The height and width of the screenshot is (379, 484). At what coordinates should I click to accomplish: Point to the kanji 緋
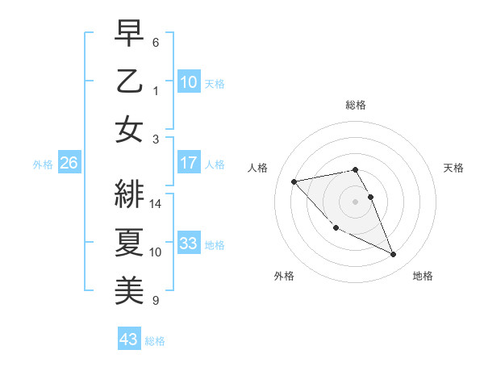point(130,191)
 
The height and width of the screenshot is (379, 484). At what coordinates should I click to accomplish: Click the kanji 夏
point(130,239)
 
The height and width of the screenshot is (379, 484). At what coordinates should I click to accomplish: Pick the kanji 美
point(130,288)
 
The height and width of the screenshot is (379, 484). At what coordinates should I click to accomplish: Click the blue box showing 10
point(189,81)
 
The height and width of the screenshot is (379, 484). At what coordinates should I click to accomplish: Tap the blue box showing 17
point(189,163)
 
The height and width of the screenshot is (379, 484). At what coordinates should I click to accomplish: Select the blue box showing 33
point(189,244)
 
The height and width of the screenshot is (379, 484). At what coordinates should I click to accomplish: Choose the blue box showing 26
point(69,163)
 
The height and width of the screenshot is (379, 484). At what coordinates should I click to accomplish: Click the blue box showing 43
point(129,339)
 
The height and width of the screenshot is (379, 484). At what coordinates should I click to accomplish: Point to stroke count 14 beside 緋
point(156,204)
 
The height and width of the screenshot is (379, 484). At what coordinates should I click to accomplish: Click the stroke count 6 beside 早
point(156,42)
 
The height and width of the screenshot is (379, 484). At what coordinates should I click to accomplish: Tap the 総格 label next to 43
point(156,341)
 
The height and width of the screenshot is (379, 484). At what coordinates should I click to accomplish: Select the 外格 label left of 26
point(43,165)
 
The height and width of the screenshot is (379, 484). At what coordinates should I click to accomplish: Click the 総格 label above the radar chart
point(356,105)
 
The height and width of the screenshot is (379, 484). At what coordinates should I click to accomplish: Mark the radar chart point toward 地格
point(394,255)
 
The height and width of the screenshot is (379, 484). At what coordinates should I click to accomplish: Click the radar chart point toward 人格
point(294,181)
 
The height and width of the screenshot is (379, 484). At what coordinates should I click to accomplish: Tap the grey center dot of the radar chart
point(356,202)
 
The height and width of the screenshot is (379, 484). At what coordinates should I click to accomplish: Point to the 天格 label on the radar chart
point(454,168)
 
